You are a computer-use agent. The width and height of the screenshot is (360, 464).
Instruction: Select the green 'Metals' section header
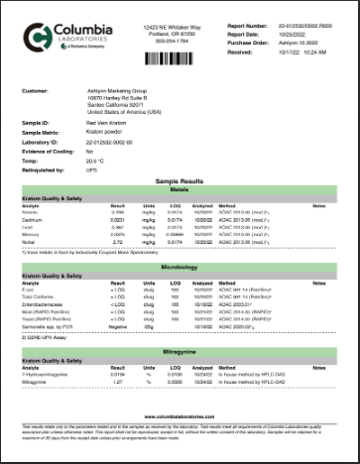point(180,191)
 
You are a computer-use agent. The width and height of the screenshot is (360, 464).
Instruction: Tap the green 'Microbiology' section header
point(180,267)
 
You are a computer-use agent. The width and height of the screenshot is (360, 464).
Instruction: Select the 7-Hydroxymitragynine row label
point(49,373)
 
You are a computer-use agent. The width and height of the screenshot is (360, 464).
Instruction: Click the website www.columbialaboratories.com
point(180,417)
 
